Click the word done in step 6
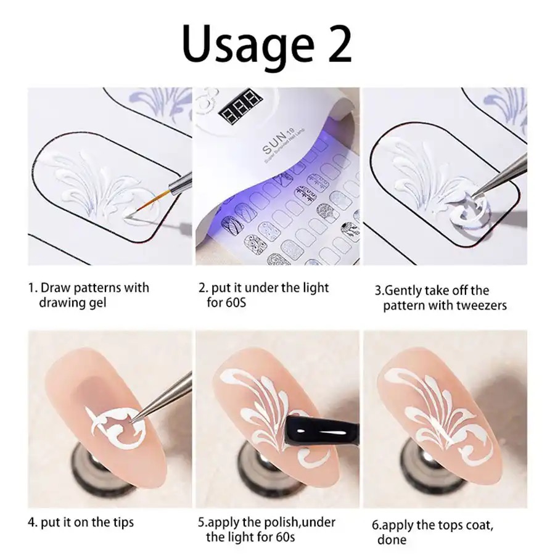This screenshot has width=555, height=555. pos(392,540)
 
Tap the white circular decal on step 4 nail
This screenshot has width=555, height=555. pos(117,429)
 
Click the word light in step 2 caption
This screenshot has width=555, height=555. pos(313,288)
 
